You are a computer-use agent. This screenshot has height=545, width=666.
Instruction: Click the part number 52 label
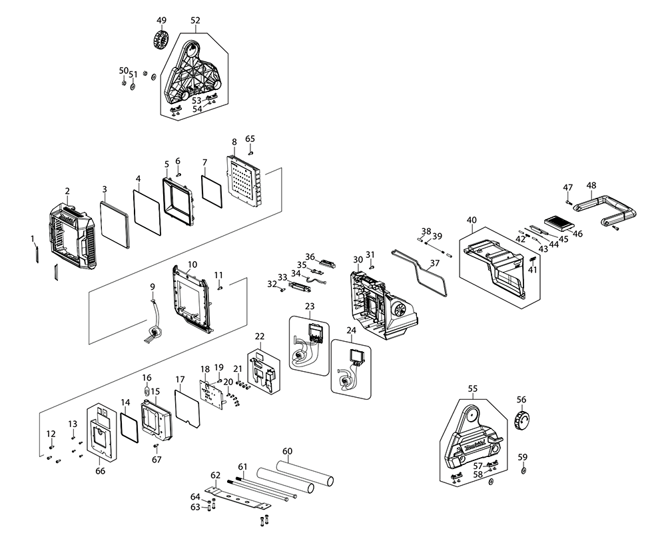tap(195, 21)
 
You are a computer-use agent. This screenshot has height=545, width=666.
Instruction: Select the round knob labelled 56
tap(521, 421)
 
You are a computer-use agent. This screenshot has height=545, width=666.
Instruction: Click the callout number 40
tap(472, 220)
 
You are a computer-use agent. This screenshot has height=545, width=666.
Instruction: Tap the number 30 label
tap(358, 259)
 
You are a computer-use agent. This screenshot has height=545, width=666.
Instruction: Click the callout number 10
tap(192, 265)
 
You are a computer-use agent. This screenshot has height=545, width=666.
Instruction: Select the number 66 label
tap(101, 471)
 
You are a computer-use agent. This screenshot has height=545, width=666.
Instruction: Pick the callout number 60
tap(287, 451)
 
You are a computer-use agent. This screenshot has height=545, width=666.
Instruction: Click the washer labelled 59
tap(523, 471)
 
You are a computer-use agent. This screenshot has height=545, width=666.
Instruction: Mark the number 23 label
tap(309, 306)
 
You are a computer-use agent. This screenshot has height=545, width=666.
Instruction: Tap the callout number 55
tap(473, 387)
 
